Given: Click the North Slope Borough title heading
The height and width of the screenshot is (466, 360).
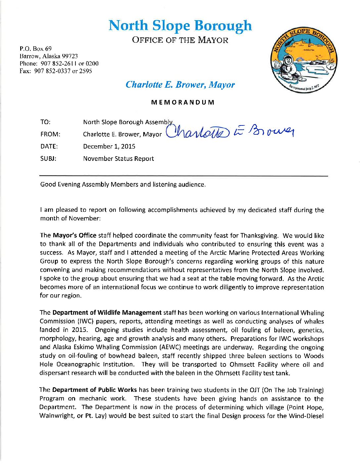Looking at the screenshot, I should click(x=180, y=26).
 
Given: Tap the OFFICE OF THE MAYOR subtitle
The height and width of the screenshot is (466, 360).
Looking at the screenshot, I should click(x=180, y=40).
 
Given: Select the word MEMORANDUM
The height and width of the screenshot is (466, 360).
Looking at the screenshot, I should click(x=183, y=102).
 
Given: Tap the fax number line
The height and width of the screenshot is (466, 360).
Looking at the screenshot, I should click(x=56, y=71).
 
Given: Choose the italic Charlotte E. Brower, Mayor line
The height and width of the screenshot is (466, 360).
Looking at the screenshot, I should click(x=180, y=85).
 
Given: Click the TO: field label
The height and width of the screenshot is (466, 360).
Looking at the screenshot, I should click(x=45, y=122).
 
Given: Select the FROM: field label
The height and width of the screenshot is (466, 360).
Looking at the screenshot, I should click(x=50, y=134).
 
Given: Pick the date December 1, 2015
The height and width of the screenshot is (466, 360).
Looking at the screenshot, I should click(x=109, y=146).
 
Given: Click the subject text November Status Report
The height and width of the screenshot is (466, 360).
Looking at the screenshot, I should click(x=118, y=159).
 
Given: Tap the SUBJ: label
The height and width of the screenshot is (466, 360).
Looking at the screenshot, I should click(x=48, y=159).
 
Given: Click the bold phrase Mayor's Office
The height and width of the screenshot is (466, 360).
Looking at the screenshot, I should click(x=74, y=235).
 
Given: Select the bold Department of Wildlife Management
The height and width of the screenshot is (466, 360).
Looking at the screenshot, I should click(x=107, y=312).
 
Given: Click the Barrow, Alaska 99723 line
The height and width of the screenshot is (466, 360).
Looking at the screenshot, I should click(x=49, y=56).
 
